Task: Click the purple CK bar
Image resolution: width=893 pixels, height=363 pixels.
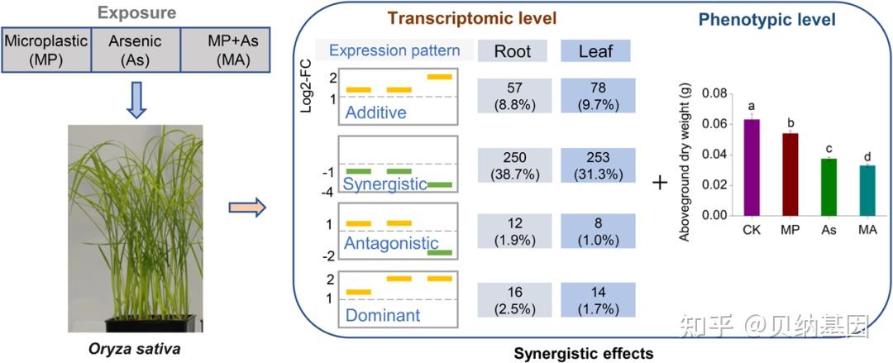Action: pos(752,168)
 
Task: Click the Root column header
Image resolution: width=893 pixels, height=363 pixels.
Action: pos(513,50)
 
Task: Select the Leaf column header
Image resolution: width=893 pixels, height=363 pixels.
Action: pos(595,50)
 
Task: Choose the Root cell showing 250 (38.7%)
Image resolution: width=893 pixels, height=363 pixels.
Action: pos(515,165)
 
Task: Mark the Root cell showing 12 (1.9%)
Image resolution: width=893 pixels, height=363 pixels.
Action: pos(515,231)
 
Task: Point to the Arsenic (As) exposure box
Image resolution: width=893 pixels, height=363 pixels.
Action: pos(136,50)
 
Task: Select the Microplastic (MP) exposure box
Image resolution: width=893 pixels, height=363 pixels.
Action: pos(46,50)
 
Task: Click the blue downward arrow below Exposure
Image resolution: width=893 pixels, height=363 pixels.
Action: pos(136,99)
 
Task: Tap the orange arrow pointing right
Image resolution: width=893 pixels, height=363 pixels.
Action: pos(247,208)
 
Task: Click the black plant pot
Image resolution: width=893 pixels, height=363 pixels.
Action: pos(150,323)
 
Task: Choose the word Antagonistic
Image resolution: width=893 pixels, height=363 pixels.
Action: pos(387,243)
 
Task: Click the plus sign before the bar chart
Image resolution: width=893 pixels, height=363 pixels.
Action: pos(660,184)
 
